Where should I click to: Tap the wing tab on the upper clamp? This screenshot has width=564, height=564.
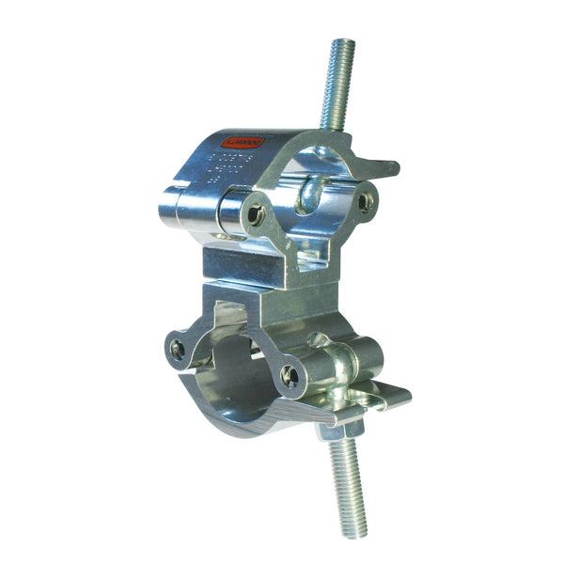376,166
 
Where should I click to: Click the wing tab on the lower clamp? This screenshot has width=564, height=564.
390,397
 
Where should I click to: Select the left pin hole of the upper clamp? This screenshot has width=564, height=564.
255,215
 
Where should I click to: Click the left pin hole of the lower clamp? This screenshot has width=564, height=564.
179,350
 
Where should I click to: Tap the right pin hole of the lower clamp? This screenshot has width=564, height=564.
290,377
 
